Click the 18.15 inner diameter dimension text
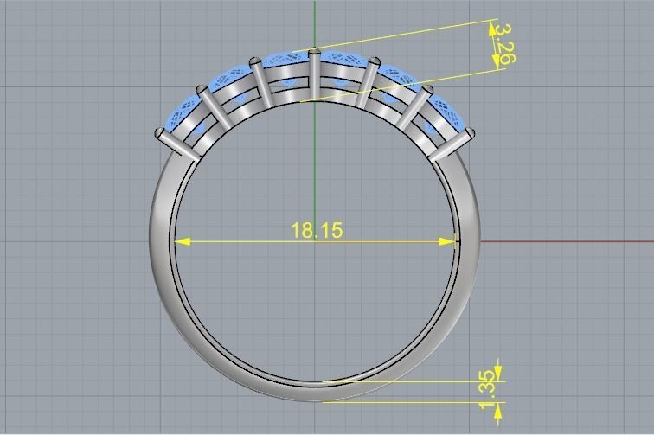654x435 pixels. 317,230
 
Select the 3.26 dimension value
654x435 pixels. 506,44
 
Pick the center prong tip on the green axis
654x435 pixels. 315,54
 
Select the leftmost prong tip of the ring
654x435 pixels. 160,133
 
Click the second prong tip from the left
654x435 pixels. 203,89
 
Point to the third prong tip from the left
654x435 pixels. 255,62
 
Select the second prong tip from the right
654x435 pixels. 426,90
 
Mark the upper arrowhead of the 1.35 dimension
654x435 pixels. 498,374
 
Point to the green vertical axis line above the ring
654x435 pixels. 315,22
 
